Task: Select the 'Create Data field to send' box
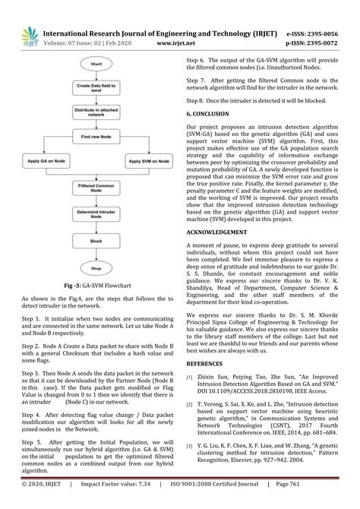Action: (x=95, y=89)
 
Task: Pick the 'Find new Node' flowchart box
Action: (x=95, y=138)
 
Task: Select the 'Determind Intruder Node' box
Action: (x=95, y=214)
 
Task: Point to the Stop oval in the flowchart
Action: (x=95, y=268)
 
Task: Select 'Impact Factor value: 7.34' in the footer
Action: (x=118, y=502)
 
